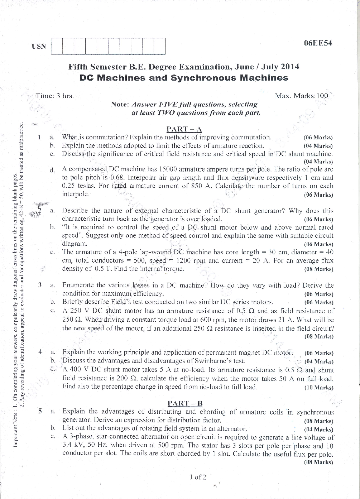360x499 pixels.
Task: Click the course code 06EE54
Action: click(318, 43)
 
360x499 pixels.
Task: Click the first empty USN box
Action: click(57, 46)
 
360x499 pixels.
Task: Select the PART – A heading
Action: click(184, 129)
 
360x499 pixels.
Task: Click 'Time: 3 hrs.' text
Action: click(55, 96)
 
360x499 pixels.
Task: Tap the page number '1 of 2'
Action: click(198, 477)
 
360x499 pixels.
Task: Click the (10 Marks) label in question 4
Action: click(318, 388)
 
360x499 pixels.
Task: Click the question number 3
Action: click(40, 286)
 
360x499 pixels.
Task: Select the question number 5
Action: click(40, 412)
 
